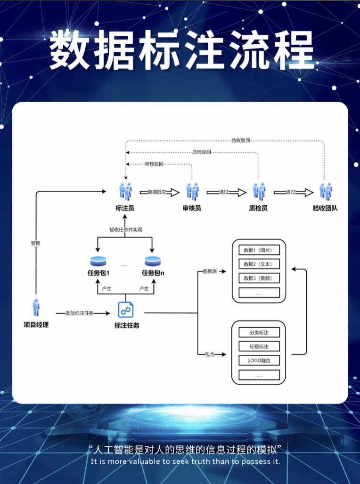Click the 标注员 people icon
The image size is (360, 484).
pyautogui.click(x=125, y=191)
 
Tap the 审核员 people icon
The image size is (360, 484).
pyautogui.click(x=192, y=191)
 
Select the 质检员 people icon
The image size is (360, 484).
pyautogui.click(x=258, y=191)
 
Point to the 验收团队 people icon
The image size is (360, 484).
pyautogui.click(x=325, y=191)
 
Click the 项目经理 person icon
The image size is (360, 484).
pyautogui.click(x=36, y=307)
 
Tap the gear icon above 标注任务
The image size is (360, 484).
pyautogui.click(x=126, y=309)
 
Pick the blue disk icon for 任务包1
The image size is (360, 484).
pyautogui.click(x=98, y=261)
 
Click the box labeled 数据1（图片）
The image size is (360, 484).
pyautogui.click(x=259, y=250)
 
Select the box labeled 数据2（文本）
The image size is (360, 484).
pyautogui.click(x=259, y=264)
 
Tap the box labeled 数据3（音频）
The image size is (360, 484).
pyautogui.click(x=259, y=278)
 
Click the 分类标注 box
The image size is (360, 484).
pyautogui.click(x=259, y=332)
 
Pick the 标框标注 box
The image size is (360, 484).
pyautogui.click(x=259, y=347)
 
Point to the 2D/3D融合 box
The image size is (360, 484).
pyautogui.click(x=259, y=361)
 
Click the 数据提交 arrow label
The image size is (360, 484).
pyautogui.click(x=157, y=192)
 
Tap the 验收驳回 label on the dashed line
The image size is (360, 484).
pyautogui.click(x=240, y=140)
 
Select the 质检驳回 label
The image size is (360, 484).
pyautogui.click(x=201, y=152)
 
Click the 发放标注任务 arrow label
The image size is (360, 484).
pyautogui.click(x=79, y=313)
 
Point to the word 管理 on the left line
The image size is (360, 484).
pyautogui.click(x=35, y=243)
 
